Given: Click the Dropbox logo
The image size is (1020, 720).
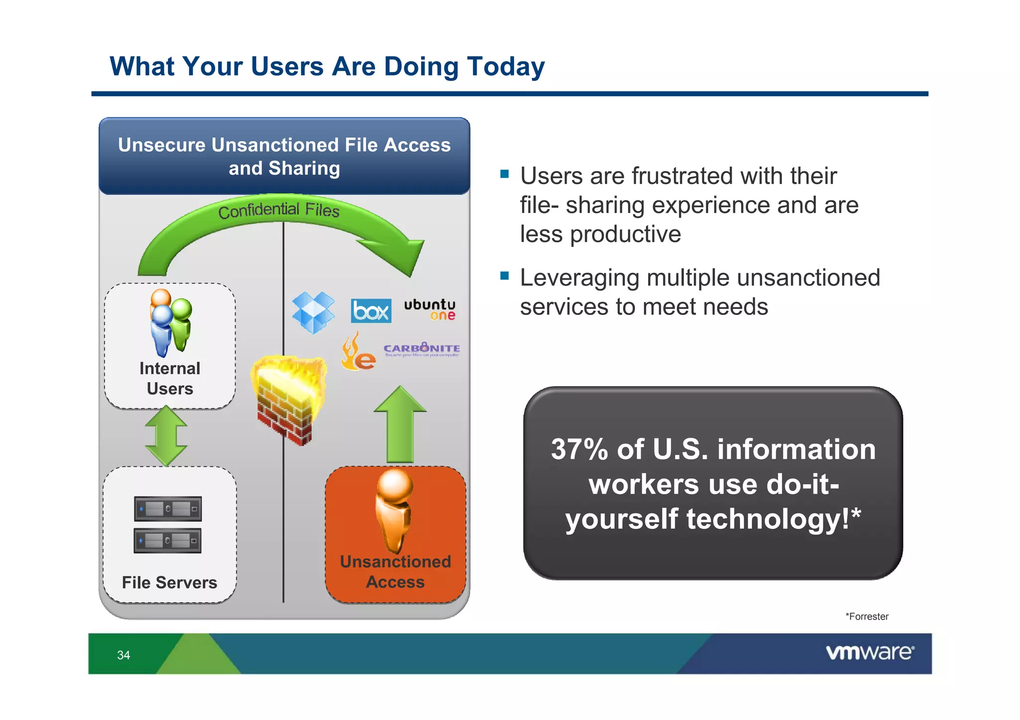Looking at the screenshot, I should click(x=313, y=312).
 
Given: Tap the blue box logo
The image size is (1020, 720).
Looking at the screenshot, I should click(x=371, y=311).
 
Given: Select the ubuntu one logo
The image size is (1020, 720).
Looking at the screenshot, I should click(x=429, y=309).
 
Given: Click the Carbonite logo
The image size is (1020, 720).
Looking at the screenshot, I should click(x=421, y=349).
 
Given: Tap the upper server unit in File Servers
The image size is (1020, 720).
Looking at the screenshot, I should click(x=168, y=509).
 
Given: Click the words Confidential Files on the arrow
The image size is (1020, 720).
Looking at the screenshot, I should click(x=279, y=210).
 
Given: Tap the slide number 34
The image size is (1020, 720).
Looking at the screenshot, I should click(x=124, y=655).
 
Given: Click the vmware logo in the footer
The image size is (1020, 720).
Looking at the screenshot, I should click(x=870, y=652).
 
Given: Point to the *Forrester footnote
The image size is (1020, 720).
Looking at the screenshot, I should click(x=867, y=617).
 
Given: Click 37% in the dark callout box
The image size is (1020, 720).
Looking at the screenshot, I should click(x=579, y=449).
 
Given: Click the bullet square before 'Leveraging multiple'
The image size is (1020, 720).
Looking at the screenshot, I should click(x=505, y=276).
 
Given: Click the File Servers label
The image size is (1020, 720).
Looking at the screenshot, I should click(x=169, y=582).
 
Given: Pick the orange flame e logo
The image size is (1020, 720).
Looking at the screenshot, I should click(x=358, y=353).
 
